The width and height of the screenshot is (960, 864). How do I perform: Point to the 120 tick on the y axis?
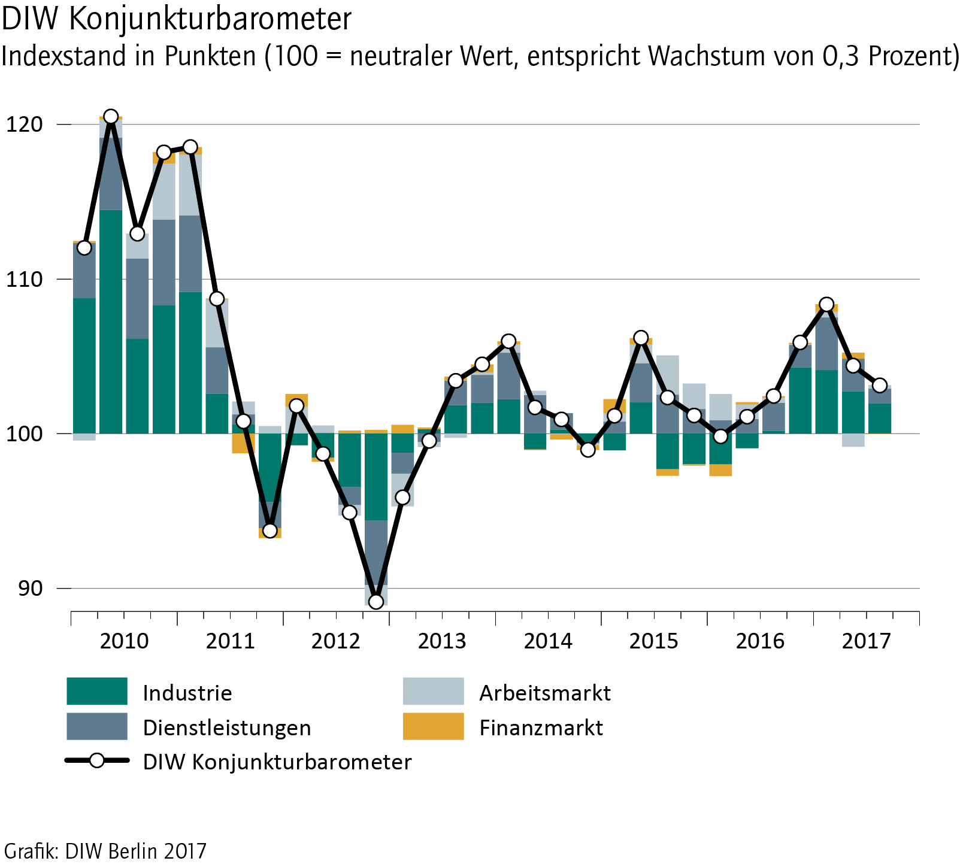point(25,125)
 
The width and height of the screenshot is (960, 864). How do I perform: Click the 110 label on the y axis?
point(25,279)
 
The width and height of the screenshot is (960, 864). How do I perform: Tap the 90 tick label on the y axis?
point(30,589)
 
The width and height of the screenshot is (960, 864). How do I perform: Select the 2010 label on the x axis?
point(124,641)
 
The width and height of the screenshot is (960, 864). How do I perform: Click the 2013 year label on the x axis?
point(442,641)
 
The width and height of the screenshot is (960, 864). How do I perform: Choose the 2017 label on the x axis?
point(866,641)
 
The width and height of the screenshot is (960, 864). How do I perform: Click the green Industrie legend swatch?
point(97,692)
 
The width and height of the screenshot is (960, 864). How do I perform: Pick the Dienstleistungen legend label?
point(227,727)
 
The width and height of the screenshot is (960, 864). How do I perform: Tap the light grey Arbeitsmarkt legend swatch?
point(433,692)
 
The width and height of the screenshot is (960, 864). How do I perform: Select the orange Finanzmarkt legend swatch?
point(433,726)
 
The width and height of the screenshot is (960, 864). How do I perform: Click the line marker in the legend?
point(96,761)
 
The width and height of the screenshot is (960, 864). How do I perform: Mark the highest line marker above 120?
point(111,116)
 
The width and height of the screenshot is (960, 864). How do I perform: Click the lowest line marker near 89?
point(376,602)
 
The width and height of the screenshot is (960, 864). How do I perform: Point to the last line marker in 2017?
point(879,385)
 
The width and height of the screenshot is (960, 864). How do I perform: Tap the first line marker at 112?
point(84,248)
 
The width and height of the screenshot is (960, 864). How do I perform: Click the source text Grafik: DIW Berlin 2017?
point(105,851)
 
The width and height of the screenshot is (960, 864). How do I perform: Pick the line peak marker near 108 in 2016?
point(826,304)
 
